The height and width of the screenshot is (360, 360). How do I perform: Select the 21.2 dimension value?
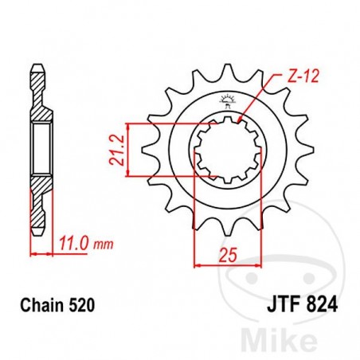click(x=118, y=149)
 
